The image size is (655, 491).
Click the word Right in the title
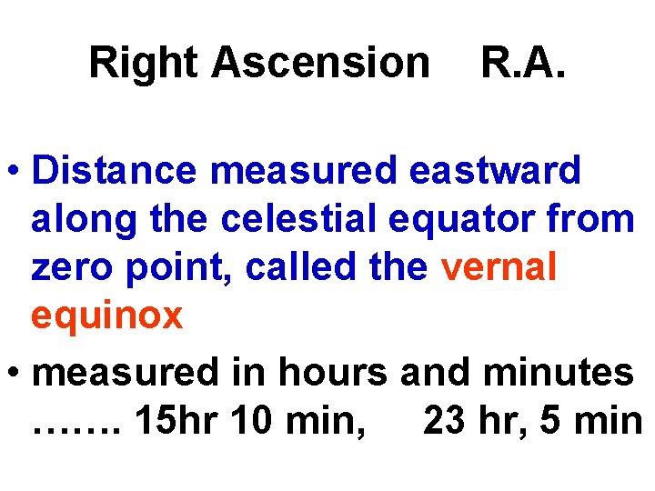point(144,64)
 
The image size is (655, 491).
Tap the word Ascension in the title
point(321,64)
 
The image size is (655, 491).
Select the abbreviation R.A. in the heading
point(522,64)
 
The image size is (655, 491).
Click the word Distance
point(120,169)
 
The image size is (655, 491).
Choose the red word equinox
point(107,316)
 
